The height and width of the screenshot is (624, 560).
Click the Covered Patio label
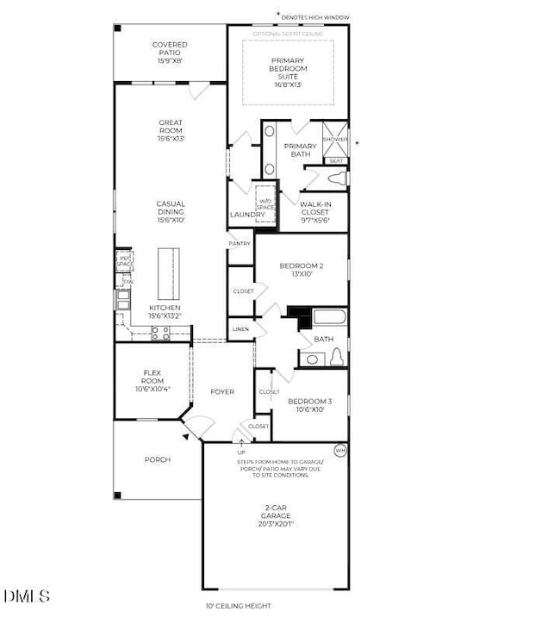coord(170,53)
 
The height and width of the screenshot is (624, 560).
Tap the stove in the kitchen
coord(160,334)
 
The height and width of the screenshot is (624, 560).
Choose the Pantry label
coord(240,244)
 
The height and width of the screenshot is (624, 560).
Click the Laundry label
coord(240,215)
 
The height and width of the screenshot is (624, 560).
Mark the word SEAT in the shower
coord(336,161)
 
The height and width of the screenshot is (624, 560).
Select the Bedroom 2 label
coord(301,270)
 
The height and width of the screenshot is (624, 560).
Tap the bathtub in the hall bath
coord(328,317)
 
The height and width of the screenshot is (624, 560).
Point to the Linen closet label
coord(240,329)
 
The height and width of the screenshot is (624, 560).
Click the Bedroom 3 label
coord(306,405)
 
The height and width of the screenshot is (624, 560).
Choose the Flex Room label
coord(152,380)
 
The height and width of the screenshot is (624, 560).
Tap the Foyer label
coord(222,392)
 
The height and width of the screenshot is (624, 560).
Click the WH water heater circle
coord(339,451)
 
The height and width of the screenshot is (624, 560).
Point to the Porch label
coord(157,460)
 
